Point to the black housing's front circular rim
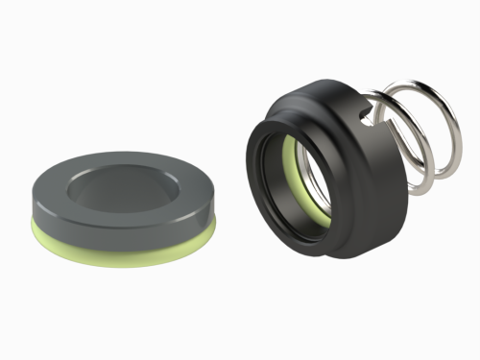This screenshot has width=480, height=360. [253, 182]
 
